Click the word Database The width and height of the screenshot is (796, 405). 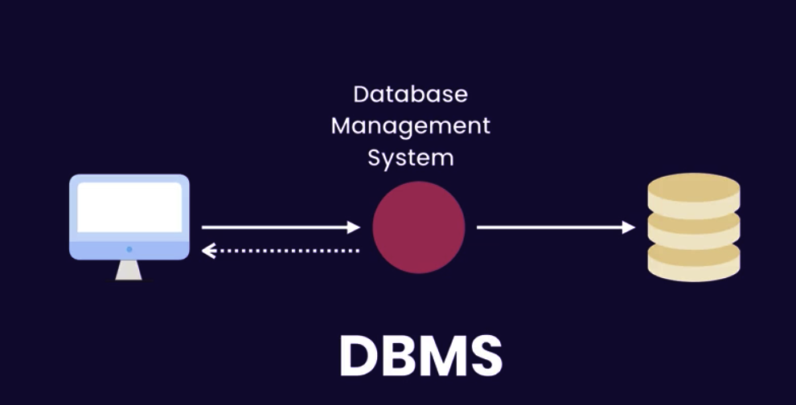[410, 94]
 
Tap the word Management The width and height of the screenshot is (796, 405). [410, 126]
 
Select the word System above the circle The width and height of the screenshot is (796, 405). [410, 157]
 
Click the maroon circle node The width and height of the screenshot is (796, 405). [418, 227]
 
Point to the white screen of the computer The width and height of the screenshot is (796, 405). [129, 207]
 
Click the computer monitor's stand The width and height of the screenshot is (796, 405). [129, 270]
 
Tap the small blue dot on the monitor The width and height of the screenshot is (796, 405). [129, 249]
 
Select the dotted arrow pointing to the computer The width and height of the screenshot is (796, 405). [281, 252]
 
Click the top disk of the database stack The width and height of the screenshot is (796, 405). [694, 190]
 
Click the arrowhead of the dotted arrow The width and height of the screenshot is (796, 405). [207, 252]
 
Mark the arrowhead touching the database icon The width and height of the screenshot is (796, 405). [629, 227]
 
